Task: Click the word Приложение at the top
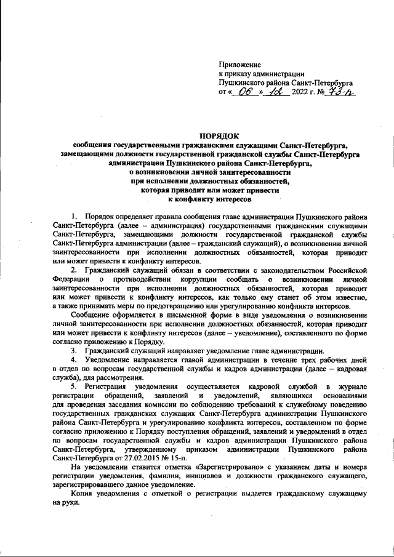[240, 64]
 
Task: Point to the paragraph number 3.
[74, 350]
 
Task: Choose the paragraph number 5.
[74, 385]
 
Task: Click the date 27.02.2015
[136, 457]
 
